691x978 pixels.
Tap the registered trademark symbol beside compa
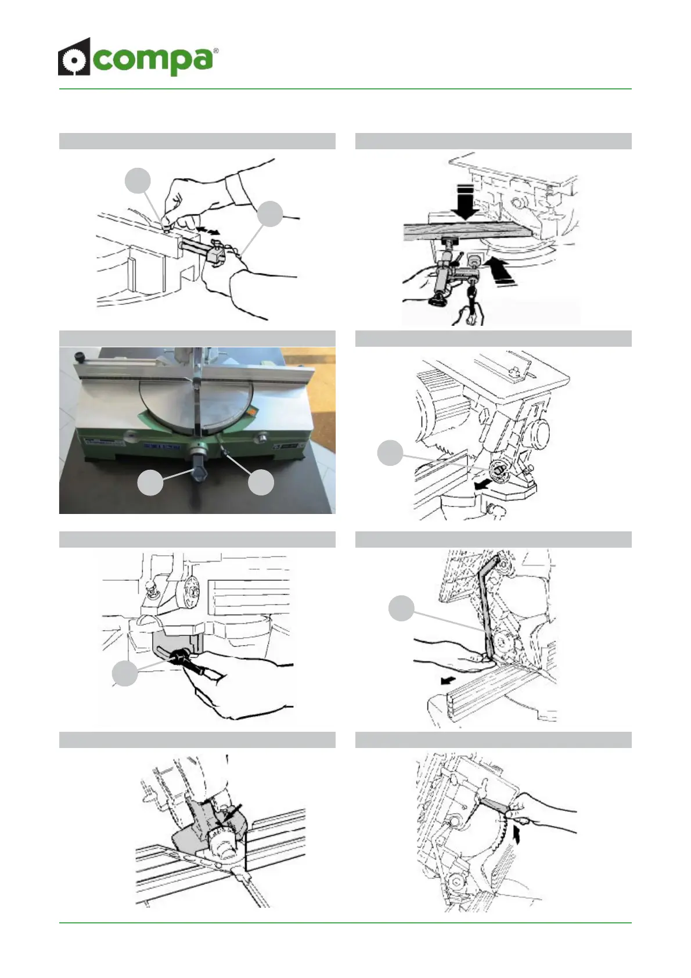[x=216, y=51]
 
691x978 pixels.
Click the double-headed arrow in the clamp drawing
[x=207, y=231]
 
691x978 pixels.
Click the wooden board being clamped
[x=467, y=231]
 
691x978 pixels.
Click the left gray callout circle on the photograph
[x=150, y=483]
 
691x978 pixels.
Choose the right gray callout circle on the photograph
[x=261, y=483]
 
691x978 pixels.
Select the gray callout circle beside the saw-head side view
[x=390, y=453]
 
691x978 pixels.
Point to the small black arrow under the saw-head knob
[x=481, y=484]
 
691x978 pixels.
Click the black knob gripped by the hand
[x=181, y=658]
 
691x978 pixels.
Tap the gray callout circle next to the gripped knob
[x=125, y=674]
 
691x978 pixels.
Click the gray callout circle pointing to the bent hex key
[x=401, y=608]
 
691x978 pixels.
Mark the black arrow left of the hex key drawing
[x=446, y=679]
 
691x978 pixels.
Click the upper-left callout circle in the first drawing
[x=138, y=181]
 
